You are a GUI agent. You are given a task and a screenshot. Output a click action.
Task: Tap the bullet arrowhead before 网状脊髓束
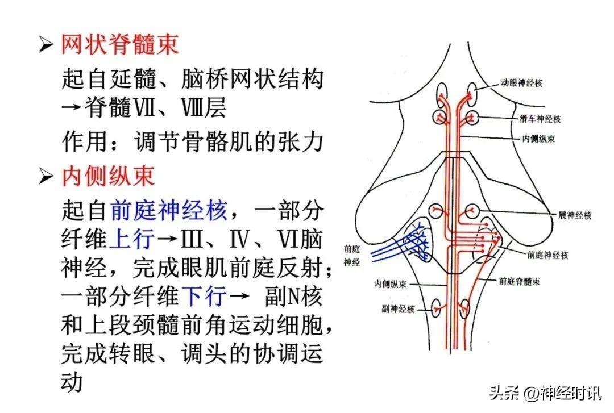(46, 44)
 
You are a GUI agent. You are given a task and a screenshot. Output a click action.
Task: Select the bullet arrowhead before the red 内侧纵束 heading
(46, 176)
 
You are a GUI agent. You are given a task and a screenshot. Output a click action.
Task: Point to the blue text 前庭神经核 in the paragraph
(169, 210)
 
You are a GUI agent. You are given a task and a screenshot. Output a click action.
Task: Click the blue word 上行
(132, 239)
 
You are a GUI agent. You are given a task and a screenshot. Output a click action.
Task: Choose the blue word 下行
(204, 296)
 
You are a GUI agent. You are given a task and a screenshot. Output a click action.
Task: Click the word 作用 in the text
(84, 141)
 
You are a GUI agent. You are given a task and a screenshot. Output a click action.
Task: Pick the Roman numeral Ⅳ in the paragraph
(240, 239)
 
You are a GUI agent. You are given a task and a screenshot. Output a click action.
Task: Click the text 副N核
(293, 297)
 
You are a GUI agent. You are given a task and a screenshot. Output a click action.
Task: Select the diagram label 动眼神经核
(521, 83)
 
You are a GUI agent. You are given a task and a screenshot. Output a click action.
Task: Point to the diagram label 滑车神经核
(540, 119)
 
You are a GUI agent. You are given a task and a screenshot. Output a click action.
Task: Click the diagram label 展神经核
(574, 215)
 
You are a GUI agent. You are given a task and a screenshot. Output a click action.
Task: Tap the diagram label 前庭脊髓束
(519, 281)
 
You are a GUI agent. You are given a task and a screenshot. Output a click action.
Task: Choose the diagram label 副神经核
(398, 309)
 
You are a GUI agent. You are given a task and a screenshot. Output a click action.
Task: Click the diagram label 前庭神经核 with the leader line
(547, 255)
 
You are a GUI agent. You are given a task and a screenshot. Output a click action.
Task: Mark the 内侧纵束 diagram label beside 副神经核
(390, 284)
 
